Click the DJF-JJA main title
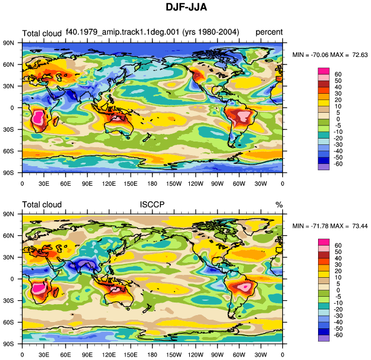click(x=186, y=7)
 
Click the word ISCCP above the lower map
click(x=152, y=204)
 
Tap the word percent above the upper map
click(x=269, y=32)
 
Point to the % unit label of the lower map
click(x=279, y=205)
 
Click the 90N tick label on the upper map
click(x=9, y=43)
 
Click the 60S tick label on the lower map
click(x=9, y=322)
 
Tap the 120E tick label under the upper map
click(x=109, y=183)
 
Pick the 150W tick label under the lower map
click(x=174, y=355)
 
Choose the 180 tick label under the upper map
click(x=152, y=183)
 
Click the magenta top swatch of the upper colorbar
click(x=323, y=71)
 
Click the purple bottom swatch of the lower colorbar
click(x=323, y=338)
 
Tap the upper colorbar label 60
click(x=338, y=74)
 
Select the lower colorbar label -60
click(x=338, y=335)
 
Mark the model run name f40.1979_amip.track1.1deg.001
click(x=123, y=32)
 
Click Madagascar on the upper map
click(x=56, y=121)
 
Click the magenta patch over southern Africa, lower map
click(x=39, y=288)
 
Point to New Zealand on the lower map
click(x=147, y=308)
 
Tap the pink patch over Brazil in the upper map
click(x=244, y=116)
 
